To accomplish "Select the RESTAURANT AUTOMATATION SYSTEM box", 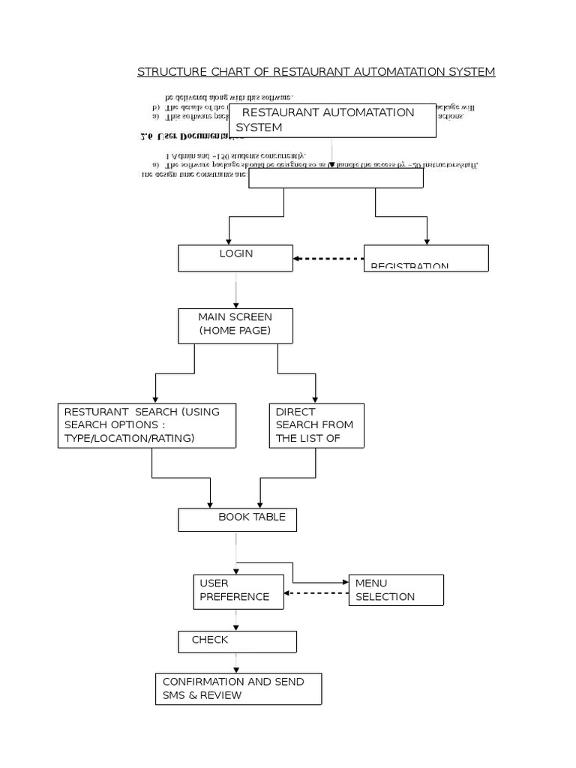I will click(x=332, y=121).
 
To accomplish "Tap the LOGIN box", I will click(x=235, y=258).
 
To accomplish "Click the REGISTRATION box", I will click(x=425, y=258).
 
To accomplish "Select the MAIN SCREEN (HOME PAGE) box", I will click(x=235, y=325).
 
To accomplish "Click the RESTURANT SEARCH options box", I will click(x=147, y=425).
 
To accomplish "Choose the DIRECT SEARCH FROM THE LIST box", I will click(x=316, y=425).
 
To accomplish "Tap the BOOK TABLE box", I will click(x=236, y=519).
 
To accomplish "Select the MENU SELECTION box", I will click(x=395, y=590).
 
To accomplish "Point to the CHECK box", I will click(x=236, y=641).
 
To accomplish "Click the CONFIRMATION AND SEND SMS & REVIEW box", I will click(x=238, y=688).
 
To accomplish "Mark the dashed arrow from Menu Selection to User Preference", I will click(x=316, y=594).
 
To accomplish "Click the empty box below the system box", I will click(x=335, y=178).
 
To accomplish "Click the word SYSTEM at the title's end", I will click(x=470, y=72).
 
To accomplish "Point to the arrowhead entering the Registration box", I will click(x=427, y=241).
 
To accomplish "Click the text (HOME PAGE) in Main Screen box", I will click(x=235, y=331).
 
